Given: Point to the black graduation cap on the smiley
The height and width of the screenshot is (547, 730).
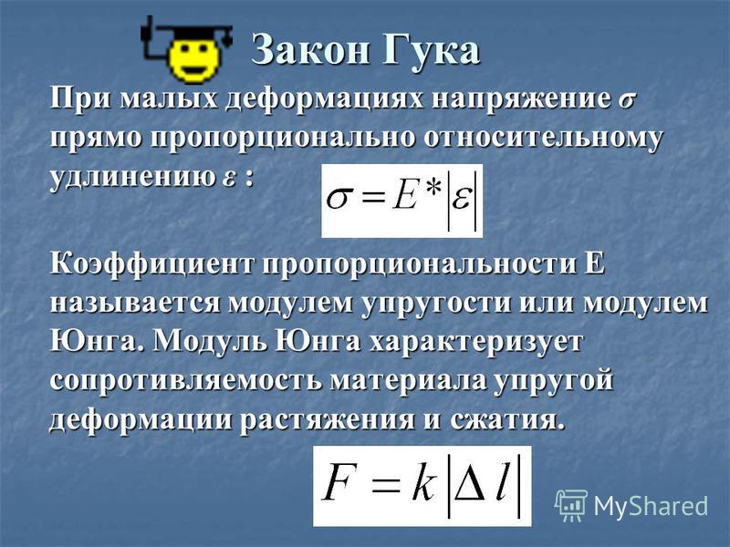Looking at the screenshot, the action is coord(186,34).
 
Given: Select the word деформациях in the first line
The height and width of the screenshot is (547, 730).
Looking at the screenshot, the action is coord(325,100).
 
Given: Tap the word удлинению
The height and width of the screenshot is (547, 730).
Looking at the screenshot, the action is coord(131,178).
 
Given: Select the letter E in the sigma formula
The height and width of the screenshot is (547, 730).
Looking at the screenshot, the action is coord(404,197).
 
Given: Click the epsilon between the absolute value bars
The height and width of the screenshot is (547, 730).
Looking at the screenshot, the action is coord(461,200).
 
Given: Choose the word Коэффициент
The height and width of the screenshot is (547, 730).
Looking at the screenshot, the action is coord(152,265).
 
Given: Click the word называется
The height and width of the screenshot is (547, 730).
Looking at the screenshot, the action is coord(134,304).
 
